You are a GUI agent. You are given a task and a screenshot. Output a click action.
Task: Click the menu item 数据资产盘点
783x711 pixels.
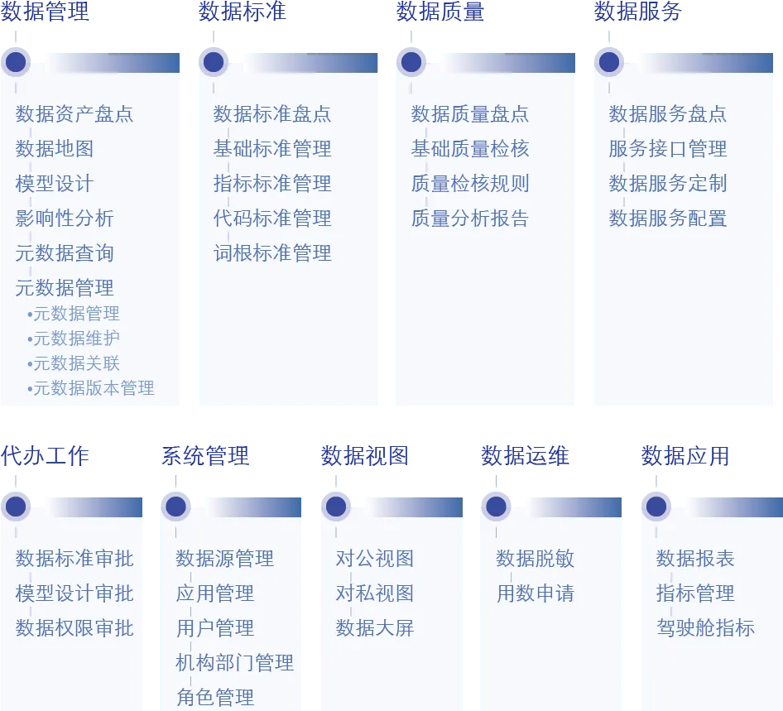(x=74, y=114)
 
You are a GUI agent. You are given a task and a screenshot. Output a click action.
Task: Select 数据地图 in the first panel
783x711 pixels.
(x=55, y=149)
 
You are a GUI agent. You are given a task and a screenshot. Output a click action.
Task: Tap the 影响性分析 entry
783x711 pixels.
(x=65, y=219)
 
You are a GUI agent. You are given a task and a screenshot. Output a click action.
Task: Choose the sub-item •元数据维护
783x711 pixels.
(x=74, y=339)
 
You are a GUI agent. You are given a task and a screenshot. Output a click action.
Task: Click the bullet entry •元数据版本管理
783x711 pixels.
(x=91, y=388)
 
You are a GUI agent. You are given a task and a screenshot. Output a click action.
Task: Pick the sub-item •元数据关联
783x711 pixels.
(x=74, y=363)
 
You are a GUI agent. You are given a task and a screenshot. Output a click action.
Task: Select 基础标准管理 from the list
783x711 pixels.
(x=272, y=149)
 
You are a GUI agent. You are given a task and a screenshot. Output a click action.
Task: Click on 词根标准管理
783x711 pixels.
(x=272, y=253)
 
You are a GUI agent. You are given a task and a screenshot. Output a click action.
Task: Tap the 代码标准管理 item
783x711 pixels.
(x=272, y=219)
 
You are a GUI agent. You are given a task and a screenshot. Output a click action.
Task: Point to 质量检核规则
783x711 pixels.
(x=470, y=184)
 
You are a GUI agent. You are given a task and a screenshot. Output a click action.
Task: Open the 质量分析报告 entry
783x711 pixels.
(x=470, y=219)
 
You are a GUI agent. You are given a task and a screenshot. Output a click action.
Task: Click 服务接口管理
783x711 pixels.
(x=668, y=149)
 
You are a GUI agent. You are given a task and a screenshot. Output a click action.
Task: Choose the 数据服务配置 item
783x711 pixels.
(x=668, y=219)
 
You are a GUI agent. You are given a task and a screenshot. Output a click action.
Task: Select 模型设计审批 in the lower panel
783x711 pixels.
(x=74, y=593)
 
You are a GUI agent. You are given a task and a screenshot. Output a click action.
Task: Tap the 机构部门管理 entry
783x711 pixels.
(x=235, y=663)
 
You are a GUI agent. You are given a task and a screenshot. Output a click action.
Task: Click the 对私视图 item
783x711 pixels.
(x=375, y=593)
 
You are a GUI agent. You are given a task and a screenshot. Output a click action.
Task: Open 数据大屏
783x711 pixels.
(x=375, y=628)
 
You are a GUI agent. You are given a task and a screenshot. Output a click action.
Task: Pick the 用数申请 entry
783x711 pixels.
(x=536, y=593)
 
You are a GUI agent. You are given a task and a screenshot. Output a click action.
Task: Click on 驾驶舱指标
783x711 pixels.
(x=706, y=628)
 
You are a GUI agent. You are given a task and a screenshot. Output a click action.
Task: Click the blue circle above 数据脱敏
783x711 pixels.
(x=495, y=504)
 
